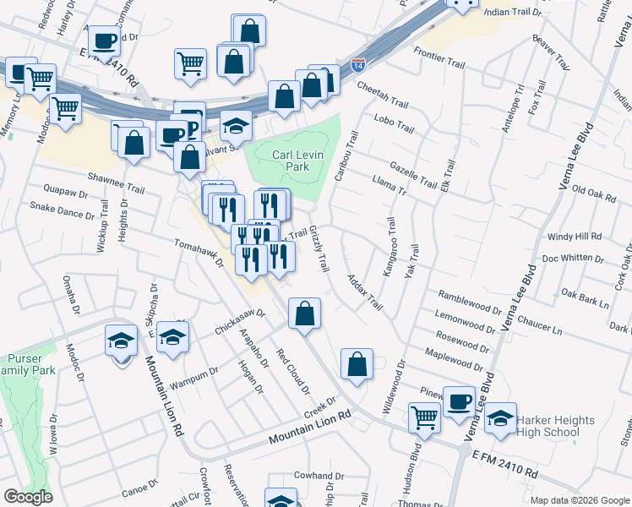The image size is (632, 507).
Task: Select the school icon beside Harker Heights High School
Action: (500, 419)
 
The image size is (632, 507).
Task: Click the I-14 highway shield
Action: (358, 64)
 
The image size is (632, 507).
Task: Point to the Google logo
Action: (29, 496)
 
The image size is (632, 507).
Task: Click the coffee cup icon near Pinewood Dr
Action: (460, 401)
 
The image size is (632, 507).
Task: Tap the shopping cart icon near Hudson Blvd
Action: (423, 416)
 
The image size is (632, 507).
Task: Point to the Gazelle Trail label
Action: (413, 175)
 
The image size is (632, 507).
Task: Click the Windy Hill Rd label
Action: (575, 237)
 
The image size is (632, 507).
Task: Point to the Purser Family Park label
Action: (29, 364)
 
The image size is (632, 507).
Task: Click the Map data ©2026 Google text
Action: (579, 500)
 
